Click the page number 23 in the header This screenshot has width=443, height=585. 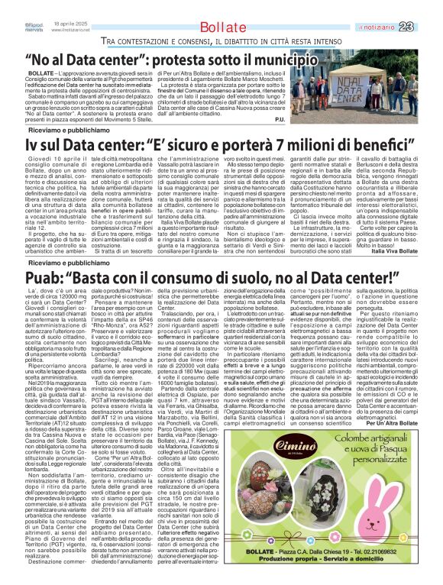point(427,7)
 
